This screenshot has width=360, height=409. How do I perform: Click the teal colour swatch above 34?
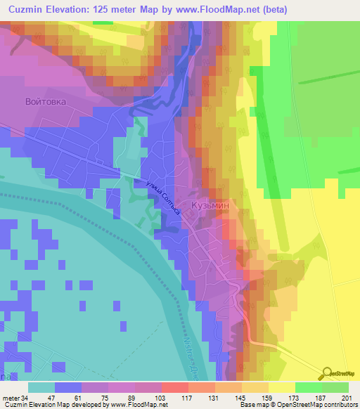click(x=41, y=387)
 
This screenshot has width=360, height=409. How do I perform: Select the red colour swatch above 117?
click(x=174, y=387)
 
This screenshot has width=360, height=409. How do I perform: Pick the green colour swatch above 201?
click(x=335, y=387)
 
